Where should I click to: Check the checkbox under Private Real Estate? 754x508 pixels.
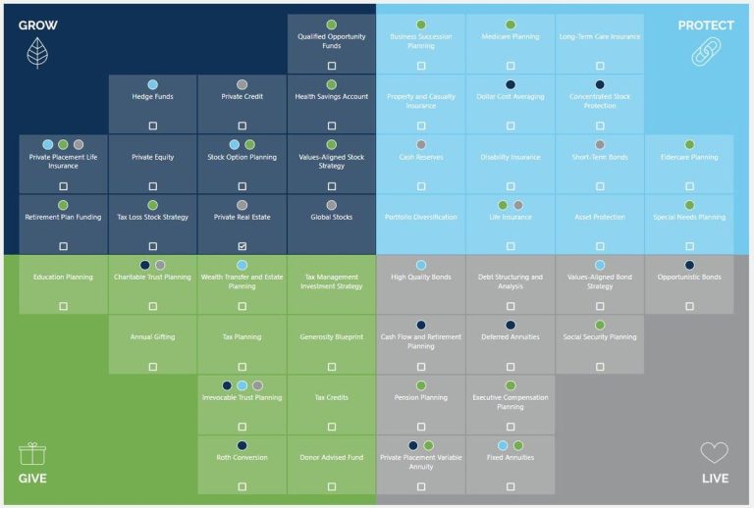pyautogui.click(x=242, y=246)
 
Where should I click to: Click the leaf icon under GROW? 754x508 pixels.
pyautogui.click(x=38, y=52)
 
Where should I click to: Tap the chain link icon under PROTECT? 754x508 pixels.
pyautogui.click(x=706, y=53)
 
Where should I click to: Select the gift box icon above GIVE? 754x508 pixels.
pyautogui.click(x=32, y=453)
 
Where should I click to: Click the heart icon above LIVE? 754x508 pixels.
pyautogui.click(x=714, y=453)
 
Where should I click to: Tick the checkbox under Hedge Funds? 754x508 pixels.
pyautogui.click(x=153, y=126)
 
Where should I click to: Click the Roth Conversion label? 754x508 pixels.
pyautogui.click(x=242, y=457)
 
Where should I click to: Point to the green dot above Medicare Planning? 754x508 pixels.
pyautogui.click(x=511, y=25)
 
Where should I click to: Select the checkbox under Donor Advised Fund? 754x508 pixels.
pyautogui.click(x=332, y=486)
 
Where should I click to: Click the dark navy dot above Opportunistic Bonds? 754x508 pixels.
pyautogui.click(x=689, y=265)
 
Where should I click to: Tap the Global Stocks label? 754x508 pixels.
pyautogui.click(x=332, y=217)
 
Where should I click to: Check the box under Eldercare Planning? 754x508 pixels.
pyautogui.click(x=689, y=186)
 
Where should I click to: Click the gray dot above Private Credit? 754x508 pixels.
pyautogui.click(x=242, y=85)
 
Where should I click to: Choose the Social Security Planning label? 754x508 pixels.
pyautogui.click(x=600, y=337)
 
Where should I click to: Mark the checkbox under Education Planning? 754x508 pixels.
pyautogui.click(x=64, y=306)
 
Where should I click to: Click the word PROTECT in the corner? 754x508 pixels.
pyautogui.click(x=706, y=25)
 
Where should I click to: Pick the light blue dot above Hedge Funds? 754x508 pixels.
pyautogui.click(x=153, y=85)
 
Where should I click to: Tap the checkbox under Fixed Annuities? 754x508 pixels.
pyautogui.click(x=511, y=486)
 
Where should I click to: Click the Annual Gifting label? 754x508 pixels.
pyautogui.click(x=153, y=337)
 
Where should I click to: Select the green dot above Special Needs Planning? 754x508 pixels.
pyautogui.click(x=689, y=205)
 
